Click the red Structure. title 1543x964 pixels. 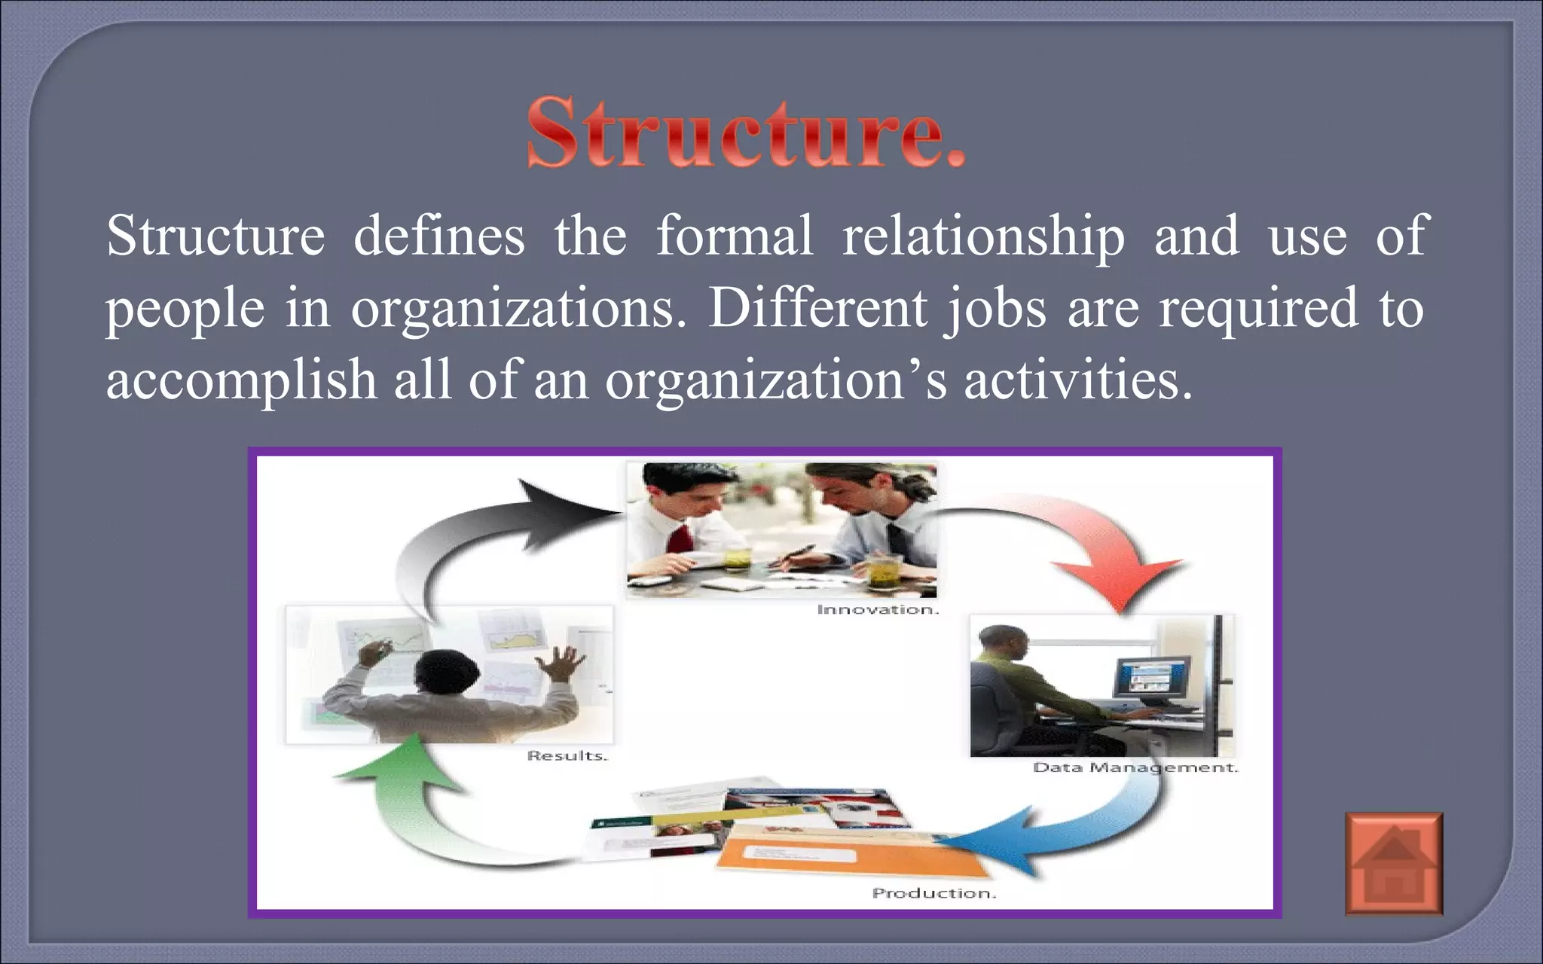(746, 132)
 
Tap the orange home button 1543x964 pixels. (1394, 864)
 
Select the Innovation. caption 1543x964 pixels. (878, 609)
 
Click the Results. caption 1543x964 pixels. (567, 755)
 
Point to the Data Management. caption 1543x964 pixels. (1135, 767)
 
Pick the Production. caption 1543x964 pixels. (934, 893)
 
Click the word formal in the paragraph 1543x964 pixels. (735, 236)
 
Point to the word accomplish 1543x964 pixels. (241, 380)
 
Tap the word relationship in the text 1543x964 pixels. (983, 236)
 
